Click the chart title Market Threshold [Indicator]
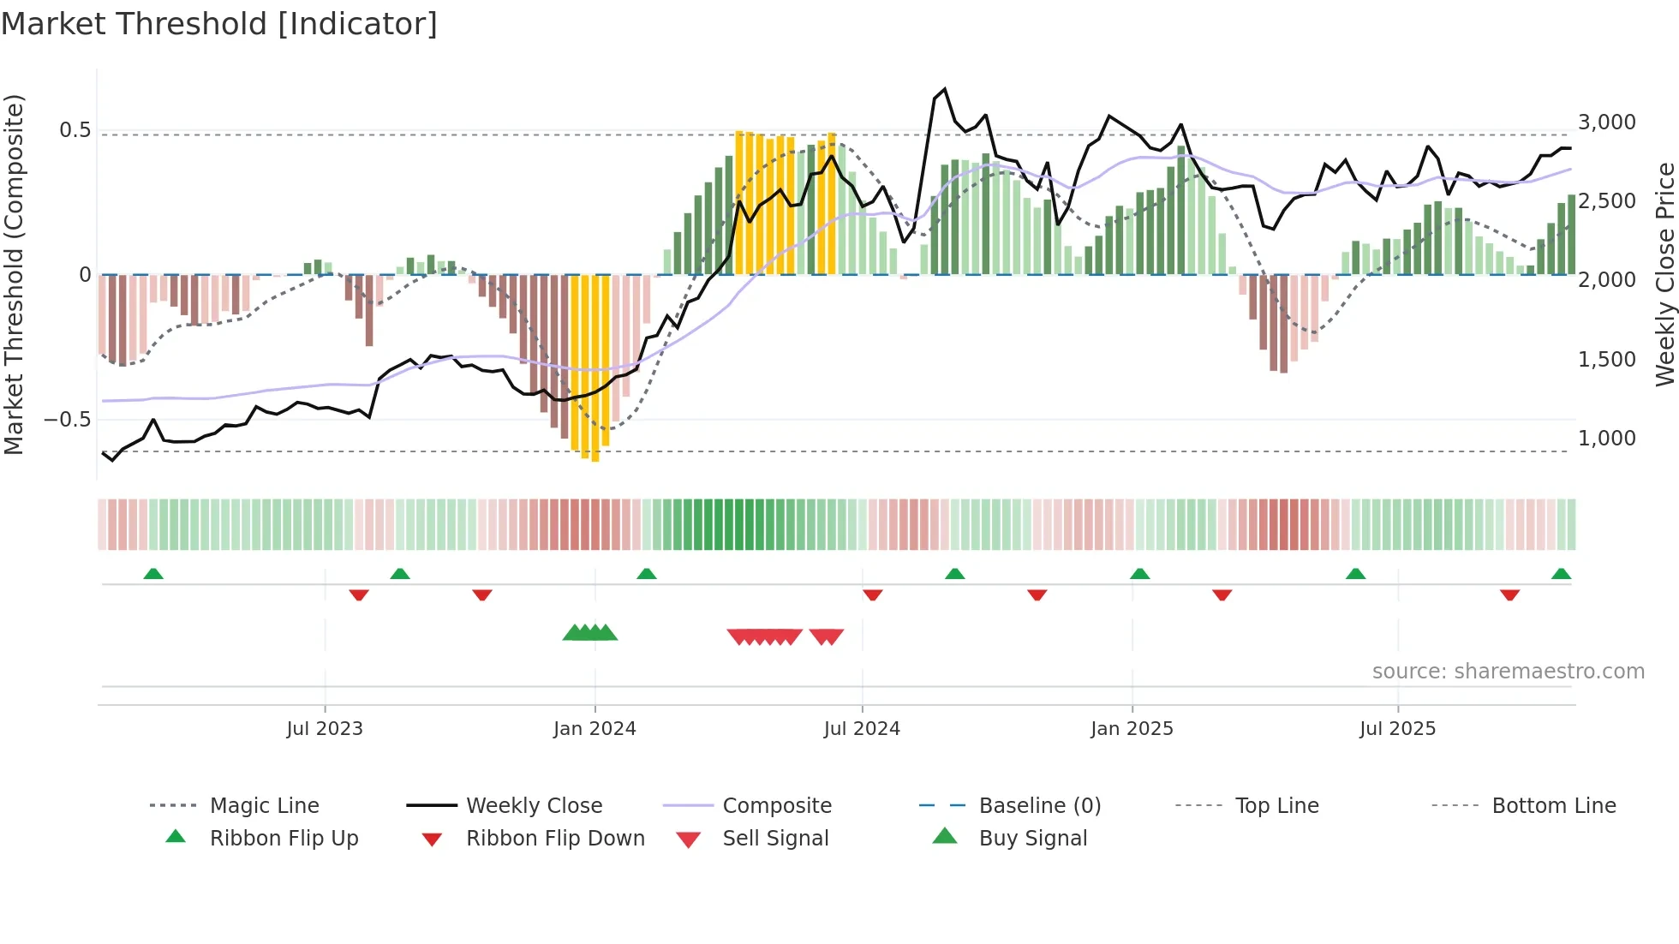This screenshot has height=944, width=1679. pyautogui.click(x=219, y=24)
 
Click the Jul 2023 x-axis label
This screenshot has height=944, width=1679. pyautogui.click(x=325, y=728)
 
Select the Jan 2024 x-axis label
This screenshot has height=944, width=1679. pyautogui.click(x=595, y=728)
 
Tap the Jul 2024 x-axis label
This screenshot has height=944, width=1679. pyautogui.click(x=862, y=728)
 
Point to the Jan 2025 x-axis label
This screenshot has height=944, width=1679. pyautogui.click(x=1132, y=728)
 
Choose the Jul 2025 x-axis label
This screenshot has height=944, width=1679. pyautogui.click(x=1397, y=728)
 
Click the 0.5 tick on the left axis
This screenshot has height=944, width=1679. pyautogui.click(x=75, y=130)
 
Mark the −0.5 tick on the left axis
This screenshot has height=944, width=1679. pyautogui.click(x=68, y=420)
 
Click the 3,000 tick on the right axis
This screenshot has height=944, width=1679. pyautogui.click(x=1607, y=122)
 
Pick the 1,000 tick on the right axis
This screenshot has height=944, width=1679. pyautogui.click(x=1607, y=439)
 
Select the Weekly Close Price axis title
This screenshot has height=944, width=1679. pyautogui.click(x=1664, y=274)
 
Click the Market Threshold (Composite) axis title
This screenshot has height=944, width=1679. pyautogui.click(x=14, y=274)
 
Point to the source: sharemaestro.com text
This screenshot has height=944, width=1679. pyautogui.click(x=1508, y=672)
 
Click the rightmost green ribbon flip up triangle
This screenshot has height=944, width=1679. pyautogui.click(x=1561, y=574)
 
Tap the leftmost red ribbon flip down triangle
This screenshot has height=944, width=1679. pyautogui.click(x=359, y=594)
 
